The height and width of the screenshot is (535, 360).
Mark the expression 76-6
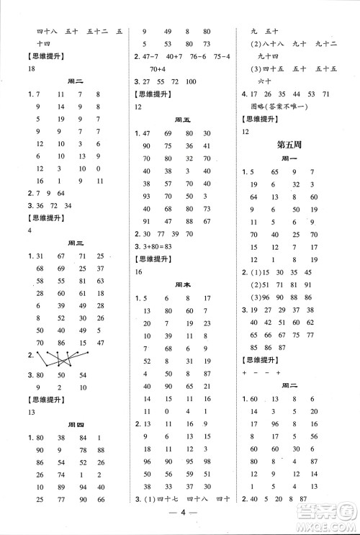197,56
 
